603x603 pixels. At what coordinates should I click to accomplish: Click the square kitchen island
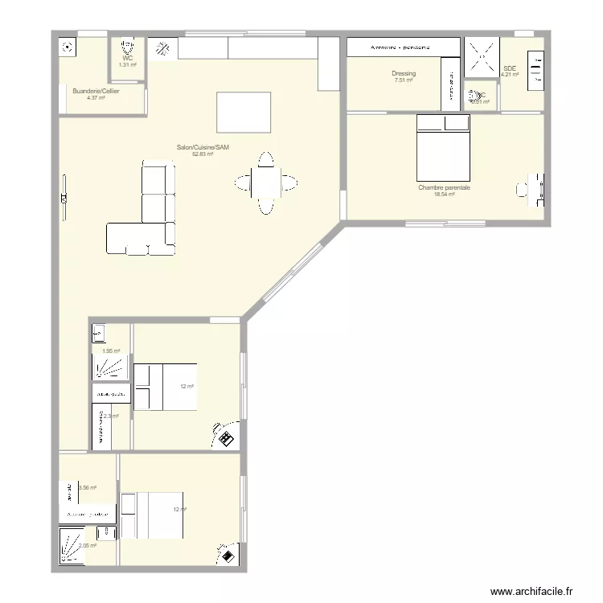coord(243,112)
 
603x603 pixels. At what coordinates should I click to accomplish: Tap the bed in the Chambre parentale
coord(442,148)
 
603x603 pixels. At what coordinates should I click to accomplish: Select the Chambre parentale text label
coord(444,187)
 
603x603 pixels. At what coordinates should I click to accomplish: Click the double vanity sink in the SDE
coord(534,68)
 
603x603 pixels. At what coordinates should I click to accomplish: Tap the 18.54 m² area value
coord(444,195)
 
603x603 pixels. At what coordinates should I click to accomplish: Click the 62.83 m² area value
coord(203,154)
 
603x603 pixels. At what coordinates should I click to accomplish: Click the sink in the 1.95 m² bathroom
coord(98,331)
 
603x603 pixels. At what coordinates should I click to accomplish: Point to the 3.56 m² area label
coord(87,487)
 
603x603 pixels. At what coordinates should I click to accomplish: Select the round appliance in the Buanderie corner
coord(65,47)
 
